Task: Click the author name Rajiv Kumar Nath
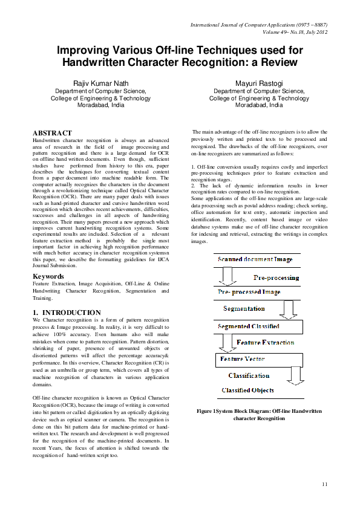tap(101, 83)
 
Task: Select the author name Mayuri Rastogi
tap(259, 83)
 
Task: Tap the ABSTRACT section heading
tap(52, 133)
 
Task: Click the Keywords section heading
tap(48, 276)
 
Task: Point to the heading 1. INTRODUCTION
tap(67, 313)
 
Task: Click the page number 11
tap(325, 484)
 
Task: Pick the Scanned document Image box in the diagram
tap(255, 259)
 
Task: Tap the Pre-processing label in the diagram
tap(275, 278)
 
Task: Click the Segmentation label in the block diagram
tap(244, 309)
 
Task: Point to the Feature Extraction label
tap(265, 343)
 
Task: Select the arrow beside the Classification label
tap(295, 375)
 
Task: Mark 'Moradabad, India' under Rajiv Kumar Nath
tap(101, 105)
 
